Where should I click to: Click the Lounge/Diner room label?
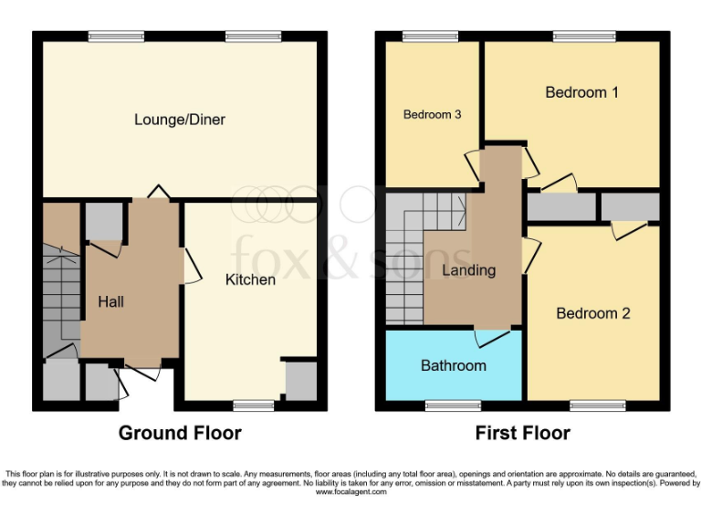180,120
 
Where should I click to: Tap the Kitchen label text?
250,279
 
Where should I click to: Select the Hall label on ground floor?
111,301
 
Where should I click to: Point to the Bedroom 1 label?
582,92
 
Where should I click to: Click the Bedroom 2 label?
593,313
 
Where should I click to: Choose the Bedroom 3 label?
432,115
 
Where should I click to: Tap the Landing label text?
468,270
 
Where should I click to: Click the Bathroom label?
453,365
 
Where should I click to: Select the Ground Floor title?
180,433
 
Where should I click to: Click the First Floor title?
523,433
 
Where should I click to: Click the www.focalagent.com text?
351,492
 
